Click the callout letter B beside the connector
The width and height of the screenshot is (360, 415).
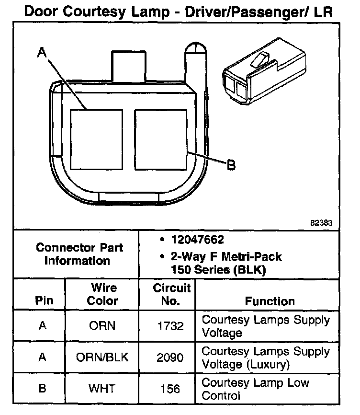(x=231, y=166)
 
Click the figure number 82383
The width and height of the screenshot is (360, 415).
(x=321, y=223)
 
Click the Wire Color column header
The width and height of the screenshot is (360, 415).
(x=103, y=294)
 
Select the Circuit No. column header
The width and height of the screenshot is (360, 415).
(x=171, y=294)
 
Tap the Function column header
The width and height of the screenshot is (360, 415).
(x=270, y=301)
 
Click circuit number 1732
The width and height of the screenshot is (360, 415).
(x=171, y=326)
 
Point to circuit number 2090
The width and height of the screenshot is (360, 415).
(x=171, y=357)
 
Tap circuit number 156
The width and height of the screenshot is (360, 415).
(x=171, y=389)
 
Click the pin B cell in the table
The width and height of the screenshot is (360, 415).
(x=43, y=389)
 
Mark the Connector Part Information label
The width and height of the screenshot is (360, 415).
(x=79, y=254)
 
